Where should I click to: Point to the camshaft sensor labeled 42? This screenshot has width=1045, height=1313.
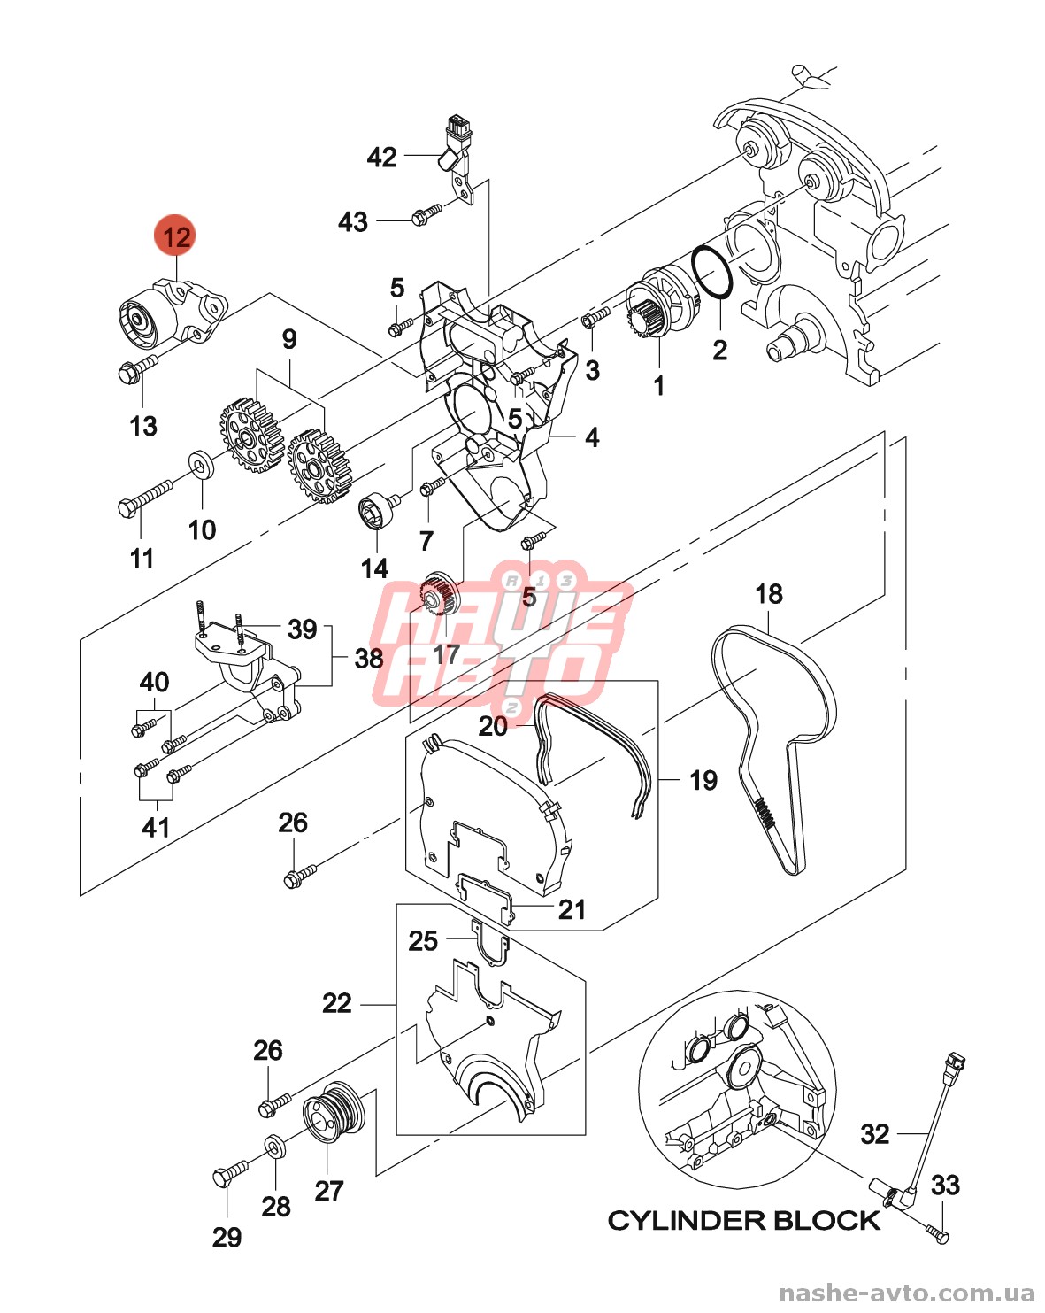click(x=457, y=147)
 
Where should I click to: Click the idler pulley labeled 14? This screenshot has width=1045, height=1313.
click(x=375, y=512)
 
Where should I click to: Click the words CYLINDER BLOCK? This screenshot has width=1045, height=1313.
click(x=743, y=1221)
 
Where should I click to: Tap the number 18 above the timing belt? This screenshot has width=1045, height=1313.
click(x=769, y=594)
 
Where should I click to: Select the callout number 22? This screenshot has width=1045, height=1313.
click(x=337, y=1003)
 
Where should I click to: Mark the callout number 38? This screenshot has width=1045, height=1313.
click(x=369, y=658)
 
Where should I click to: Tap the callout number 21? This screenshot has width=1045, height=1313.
click(x=572, y=909)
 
